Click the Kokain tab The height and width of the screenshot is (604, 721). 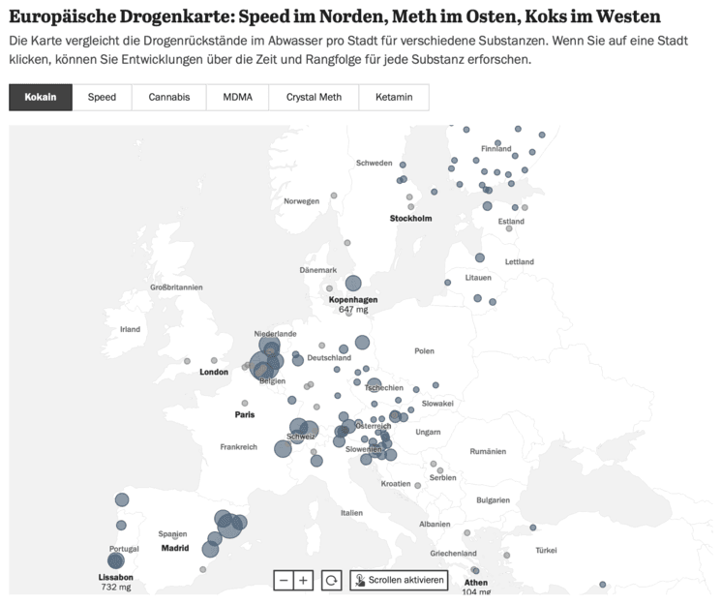(41, 98)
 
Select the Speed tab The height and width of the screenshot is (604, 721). (102, 98)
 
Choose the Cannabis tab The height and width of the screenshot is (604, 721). (168, 98)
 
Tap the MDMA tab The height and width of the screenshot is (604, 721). (237, 98)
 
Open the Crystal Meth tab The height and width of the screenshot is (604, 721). (314, 98)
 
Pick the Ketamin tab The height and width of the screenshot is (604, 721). (394, 98)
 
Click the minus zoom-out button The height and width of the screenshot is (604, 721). (284, 580)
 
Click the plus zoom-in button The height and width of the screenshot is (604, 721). (304, 580)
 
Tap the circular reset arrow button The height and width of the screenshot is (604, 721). (332, 580)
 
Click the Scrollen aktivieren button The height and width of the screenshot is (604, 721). (400, 580)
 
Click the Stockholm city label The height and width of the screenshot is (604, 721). (410, 218)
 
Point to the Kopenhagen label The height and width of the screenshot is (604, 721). (353, 300)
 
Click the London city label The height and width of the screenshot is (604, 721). (214, 372)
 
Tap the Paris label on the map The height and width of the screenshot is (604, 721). (245, 414)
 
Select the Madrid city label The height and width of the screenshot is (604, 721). (175, 548)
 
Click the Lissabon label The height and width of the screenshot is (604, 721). (116, 577)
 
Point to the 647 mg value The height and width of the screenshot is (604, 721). (353, 310)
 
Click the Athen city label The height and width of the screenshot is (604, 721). (476, 583)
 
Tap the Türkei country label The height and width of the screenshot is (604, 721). (547, 550)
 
